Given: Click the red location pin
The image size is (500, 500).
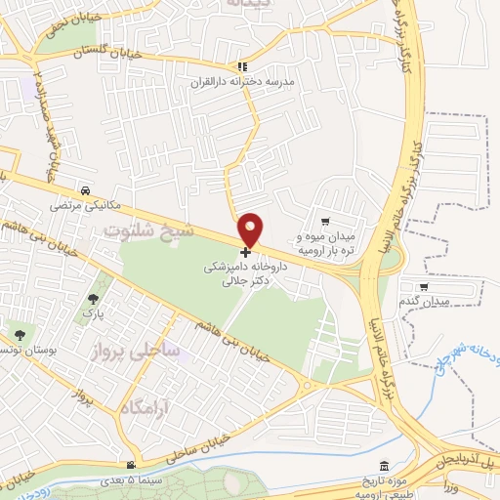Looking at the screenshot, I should coord(251,229).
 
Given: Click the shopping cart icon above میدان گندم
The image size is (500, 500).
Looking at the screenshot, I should coord(423,286).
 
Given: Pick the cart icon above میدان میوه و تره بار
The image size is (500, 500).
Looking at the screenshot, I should coord(338,223).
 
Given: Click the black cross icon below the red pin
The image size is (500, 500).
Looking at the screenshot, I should coord(244,252).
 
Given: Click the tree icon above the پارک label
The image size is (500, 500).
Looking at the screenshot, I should coord(93,300).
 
